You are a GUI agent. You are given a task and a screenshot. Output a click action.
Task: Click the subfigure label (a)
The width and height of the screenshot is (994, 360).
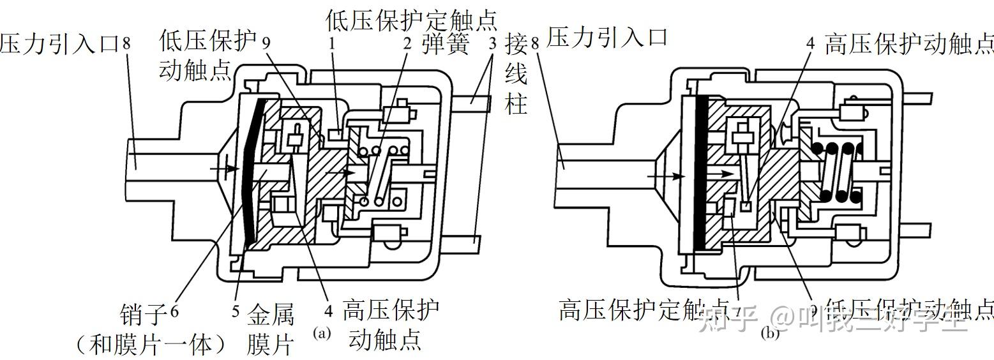tap(322, 333)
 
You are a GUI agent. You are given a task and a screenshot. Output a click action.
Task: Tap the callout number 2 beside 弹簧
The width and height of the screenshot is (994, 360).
tap(407, 44)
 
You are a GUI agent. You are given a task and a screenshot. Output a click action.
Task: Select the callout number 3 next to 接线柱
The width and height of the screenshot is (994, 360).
tap(492, 44)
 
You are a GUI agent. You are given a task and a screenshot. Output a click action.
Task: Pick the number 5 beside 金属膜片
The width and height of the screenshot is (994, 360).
tap(236, 312)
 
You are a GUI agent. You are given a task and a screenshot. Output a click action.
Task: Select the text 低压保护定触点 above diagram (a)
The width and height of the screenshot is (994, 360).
tap(411, 17)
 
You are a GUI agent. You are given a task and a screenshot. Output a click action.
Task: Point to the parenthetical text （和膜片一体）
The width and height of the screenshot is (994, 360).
tap(151, 345)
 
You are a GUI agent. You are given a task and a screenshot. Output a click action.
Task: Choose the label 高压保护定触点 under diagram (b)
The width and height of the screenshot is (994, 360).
tap(645, 310)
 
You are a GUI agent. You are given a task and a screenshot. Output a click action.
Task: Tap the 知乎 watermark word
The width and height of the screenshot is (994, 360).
tap(728, 319)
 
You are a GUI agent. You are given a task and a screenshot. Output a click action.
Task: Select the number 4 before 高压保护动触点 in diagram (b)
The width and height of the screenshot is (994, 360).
tap(811, 44)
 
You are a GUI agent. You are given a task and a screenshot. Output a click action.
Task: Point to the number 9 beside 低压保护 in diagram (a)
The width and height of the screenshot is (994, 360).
tap(267, 44)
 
